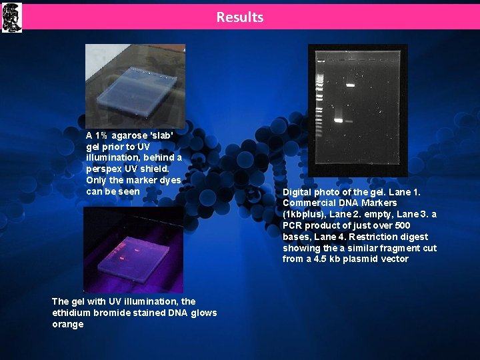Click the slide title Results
click(239, 17)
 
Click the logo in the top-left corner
click(11, 17)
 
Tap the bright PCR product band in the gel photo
click(338, 121)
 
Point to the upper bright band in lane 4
click(349, 85)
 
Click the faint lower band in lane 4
click(348, 121)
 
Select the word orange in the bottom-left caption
click(68, 324)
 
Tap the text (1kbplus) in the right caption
click(303, 215)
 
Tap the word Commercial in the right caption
click(308, 203)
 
